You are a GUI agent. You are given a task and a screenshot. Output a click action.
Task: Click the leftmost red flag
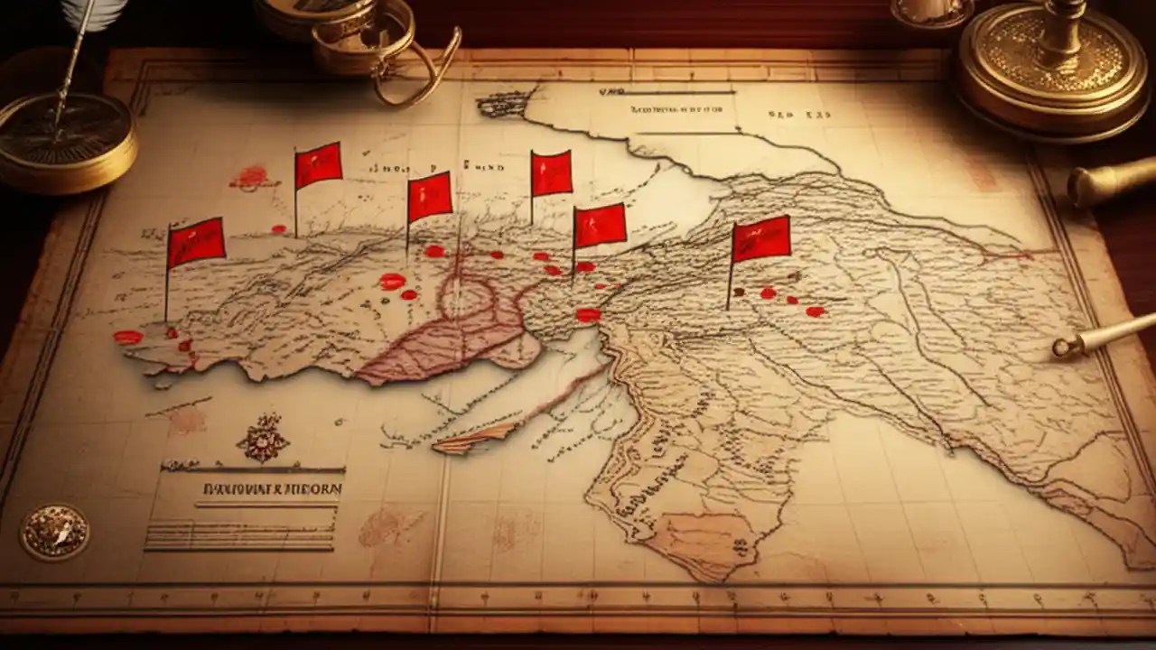196,242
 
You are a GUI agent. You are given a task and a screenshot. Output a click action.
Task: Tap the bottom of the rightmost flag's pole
729,308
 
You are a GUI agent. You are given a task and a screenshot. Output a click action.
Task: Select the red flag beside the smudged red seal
318,165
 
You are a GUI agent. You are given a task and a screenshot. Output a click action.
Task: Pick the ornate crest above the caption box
263,439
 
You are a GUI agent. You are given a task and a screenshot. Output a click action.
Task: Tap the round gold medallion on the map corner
55,532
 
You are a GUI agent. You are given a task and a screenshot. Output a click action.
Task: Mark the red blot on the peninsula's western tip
128,337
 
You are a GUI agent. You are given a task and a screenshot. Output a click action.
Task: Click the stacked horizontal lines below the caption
240,534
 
